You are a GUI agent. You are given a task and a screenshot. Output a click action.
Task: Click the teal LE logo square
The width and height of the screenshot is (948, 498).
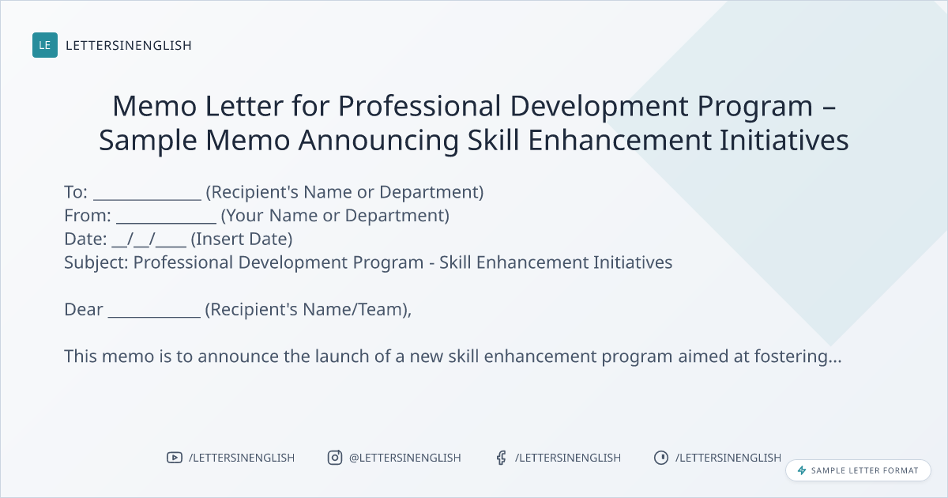tap(45, 45)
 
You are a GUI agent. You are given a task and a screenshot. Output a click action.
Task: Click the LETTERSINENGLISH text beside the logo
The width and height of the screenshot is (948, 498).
tap(129, 45)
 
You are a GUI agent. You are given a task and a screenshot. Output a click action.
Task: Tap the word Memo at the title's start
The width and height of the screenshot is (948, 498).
tap(155, 106)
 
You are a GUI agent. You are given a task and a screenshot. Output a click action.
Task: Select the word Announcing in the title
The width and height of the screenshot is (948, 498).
tap(378, 141)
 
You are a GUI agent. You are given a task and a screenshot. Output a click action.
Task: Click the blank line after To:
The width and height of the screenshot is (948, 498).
tap(147, 198)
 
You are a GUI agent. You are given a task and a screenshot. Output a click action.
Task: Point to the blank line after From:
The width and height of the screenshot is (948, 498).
tap(166, 222)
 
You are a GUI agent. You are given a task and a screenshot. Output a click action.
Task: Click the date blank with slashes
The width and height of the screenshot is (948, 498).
tap(149, 240)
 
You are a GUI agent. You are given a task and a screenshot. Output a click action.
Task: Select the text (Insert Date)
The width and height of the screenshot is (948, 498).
tap(242, 240)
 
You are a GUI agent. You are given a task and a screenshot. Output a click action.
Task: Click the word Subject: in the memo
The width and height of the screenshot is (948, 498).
tap(96, 263)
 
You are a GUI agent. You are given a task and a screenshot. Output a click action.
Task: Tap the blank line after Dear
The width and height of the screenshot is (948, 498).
tap(154, 316)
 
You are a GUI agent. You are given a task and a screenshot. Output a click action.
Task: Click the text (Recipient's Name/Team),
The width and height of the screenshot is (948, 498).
tap(308, 310)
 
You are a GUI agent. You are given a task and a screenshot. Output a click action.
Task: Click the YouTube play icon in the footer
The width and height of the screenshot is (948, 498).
tap(175, 458)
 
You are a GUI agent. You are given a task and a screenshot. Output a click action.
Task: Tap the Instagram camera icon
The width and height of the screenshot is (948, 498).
tap(335, 458)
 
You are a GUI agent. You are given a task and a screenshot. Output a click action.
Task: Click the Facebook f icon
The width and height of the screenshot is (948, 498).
tap(502, 458)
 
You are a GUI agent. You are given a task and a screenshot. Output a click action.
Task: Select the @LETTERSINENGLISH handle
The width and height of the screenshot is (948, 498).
tap(405, 458)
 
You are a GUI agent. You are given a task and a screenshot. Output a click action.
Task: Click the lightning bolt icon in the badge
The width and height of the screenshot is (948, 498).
tap(802, 470)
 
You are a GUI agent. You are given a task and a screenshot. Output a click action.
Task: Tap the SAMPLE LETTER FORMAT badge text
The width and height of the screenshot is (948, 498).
tap(864, 470)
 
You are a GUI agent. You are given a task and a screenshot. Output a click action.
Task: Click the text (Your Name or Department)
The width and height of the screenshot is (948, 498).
tap(335, 216)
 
